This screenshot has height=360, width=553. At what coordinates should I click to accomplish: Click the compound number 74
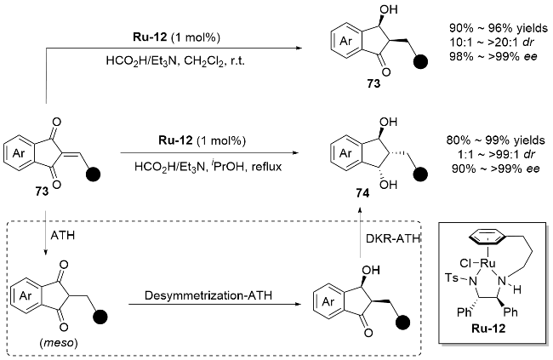coord(362,193)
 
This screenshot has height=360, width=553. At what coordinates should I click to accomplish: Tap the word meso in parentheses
coord(59,342)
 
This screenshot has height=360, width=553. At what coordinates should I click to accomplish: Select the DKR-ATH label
coord(393,239)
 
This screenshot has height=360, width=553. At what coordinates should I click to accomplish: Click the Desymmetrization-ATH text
coord(208,295)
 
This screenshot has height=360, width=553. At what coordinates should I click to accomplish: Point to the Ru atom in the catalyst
coord(487,263)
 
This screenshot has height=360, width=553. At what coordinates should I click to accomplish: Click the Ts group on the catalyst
coord(452,277)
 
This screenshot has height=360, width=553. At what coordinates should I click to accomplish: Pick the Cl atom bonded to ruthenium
coord(465,263)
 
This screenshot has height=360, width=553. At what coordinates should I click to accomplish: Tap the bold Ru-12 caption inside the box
coord(488,329)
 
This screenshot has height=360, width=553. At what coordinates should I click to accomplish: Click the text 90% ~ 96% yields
coord(499,28)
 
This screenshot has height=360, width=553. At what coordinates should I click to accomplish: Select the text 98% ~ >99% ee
coord(493,56)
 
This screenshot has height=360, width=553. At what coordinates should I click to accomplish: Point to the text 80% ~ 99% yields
coord(495,140)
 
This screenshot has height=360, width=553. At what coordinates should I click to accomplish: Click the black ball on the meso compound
coord(100,317)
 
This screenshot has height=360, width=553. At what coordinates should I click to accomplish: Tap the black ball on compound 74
coord(420,174)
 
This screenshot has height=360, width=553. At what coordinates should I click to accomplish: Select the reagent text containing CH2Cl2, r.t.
coord(175,61)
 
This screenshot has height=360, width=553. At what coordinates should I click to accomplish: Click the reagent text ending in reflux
coord(208,166)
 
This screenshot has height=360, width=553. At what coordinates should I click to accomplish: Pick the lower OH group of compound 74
coord(388,184)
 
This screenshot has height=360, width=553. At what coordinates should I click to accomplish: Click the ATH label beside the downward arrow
coord(63,235)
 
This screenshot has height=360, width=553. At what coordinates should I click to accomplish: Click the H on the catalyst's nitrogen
coord(516,290)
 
